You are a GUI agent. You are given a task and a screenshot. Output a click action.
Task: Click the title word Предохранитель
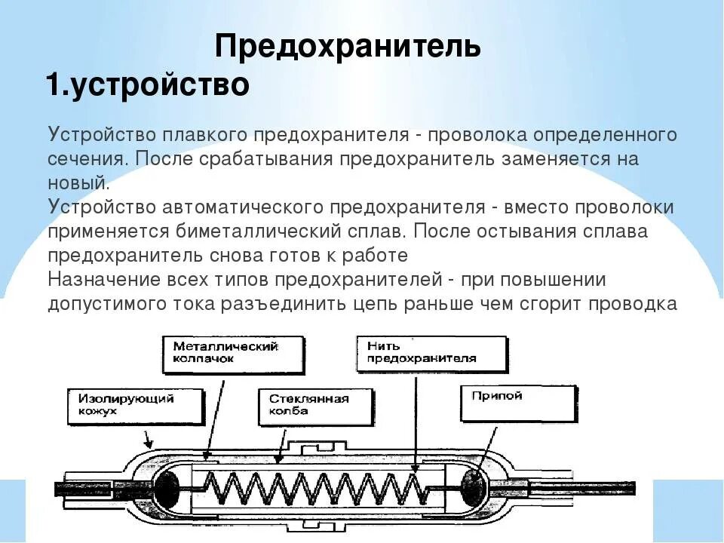point(348,46)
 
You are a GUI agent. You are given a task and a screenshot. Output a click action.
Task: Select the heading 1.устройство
point(148,84)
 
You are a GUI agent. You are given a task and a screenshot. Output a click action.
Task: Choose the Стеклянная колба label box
point(311,406)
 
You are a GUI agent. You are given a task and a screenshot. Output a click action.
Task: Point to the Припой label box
point(518,403)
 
